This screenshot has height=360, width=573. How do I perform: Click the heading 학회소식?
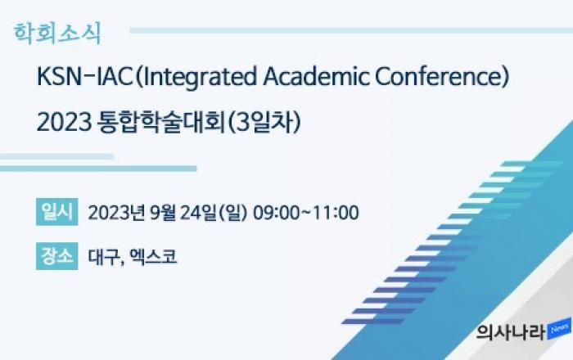[57, 34]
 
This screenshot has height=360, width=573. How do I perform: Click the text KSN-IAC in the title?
[85, 78]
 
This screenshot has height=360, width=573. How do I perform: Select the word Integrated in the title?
[198, 78]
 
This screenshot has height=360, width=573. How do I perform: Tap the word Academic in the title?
[317, 78]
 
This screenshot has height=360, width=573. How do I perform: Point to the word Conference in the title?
[438, 78]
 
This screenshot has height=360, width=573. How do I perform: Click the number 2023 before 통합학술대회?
[65, 123]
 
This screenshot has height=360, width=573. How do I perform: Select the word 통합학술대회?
[160, 122]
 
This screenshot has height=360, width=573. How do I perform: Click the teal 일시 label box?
[57, 212]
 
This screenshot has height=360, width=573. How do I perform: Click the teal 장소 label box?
[57, 256]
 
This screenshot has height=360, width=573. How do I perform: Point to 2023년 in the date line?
[116, 213]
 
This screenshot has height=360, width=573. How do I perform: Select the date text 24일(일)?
[214, 213]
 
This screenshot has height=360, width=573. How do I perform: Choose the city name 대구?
[102, 257]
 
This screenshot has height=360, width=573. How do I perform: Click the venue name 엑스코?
[154, 257]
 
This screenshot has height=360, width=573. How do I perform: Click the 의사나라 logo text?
[511, 332]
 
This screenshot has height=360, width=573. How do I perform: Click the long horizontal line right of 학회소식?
[351, 30]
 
